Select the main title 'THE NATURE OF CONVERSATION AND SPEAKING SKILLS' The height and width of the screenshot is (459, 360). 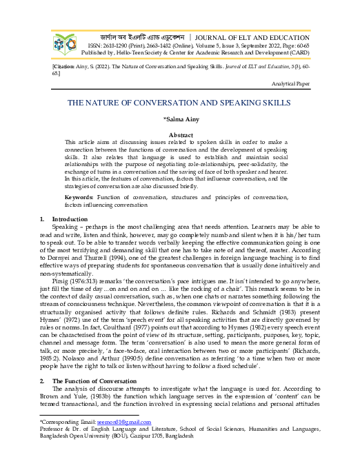coord(179,102)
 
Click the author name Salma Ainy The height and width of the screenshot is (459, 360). coord(179,120)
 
